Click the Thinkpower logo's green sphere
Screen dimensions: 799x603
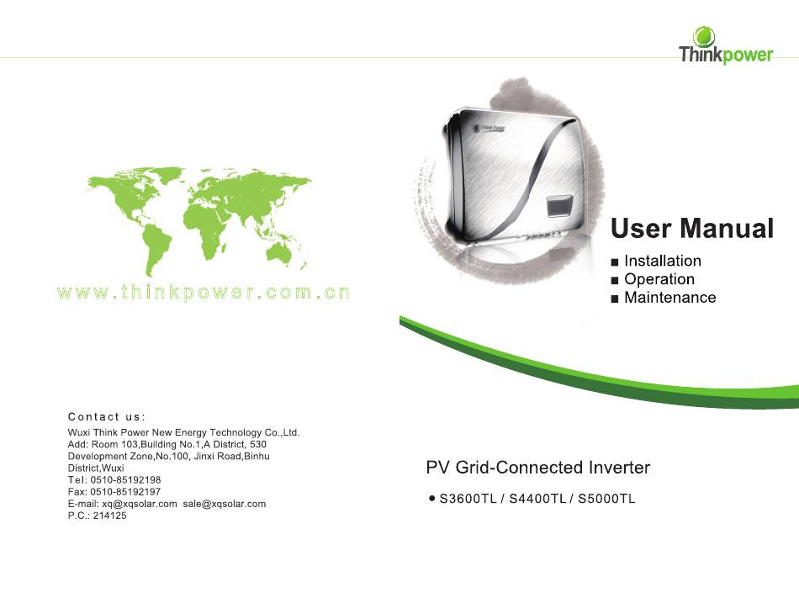click(704, 37)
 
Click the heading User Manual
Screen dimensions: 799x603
click(692, 228)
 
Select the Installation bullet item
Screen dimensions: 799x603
click(656, 261)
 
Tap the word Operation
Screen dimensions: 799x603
click(659, 279)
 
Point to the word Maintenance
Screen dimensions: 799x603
click(670, 297)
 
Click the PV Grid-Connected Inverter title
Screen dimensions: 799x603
click(538, 468)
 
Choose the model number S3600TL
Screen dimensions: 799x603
click(468, 499)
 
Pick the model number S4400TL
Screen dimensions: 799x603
click(537, 499)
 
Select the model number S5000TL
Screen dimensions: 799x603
click(606, 499)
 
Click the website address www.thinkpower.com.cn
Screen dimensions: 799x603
click(204, 293)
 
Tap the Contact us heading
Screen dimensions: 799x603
click(107, 416)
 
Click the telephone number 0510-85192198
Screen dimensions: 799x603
click(125, 479)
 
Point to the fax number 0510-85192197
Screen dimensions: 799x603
click(125, 492)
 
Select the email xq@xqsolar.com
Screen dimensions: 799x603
click(139, 504)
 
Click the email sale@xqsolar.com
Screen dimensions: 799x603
click(225, 504)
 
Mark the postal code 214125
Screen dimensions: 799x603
click(109, 516)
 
